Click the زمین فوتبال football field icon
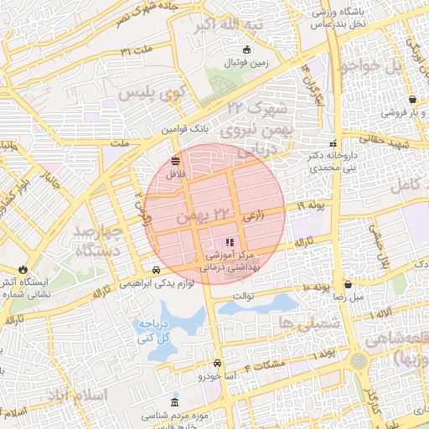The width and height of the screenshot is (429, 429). [246, 50]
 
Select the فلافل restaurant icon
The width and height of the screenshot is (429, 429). [175, 160]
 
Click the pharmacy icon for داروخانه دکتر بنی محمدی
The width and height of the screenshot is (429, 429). [333, 143]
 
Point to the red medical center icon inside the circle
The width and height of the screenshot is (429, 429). [230, 242]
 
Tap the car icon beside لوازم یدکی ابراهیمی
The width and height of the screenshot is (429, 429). [157, 269]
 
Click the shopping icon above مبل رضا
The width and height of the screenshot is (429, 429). [348, 285]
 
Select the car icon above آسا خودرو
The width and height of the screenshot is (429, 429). [218, 364]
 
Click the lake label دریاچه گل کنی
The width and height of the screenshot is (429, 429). [158, 331]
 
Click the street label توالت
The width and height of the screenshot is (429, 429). [242, 296]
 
